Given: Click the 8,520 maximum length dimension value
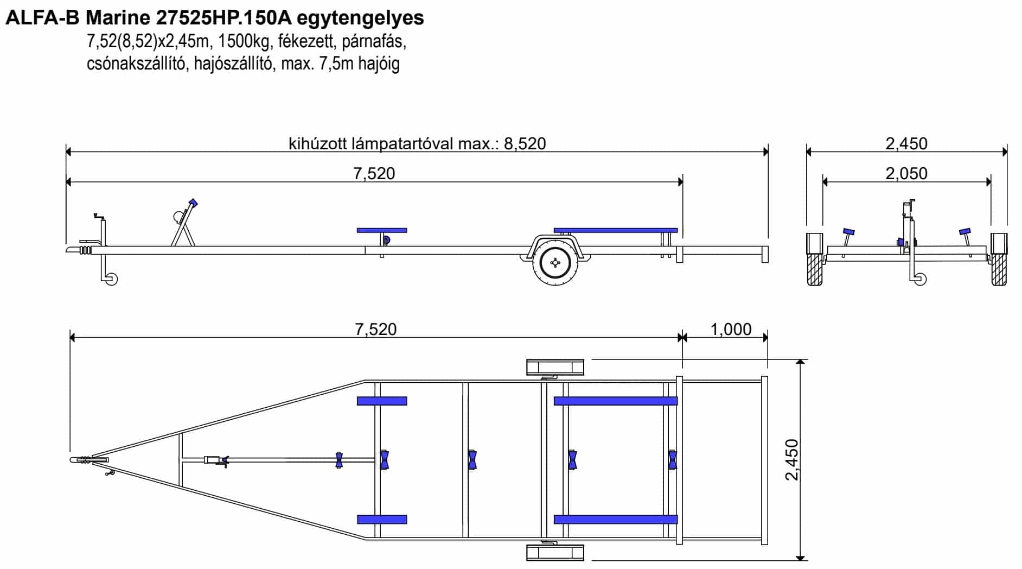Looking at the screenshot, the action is [525, 143].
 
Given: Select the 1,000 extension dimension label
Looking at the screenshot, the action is [731, 329].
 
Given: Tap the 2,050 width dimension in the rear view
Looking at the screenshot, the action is [906, 174].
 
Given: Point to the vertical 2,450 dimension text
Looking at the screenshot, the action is [792, 460].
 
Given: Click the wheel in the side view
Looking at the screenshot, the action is [555, 263].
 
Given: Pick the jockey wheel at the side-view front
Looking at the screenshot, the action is [111, 279].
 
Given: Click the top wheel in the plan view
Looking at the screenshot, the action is [555, 367].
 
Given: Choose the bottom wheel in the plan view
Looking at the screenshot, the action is [555, 553].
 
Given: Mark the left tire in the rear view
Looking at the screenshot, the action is [815, 260].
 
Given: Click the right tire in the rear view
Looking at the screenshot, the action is [999, 260].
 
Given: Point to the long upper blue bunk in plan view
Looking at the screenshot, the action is [616, 401].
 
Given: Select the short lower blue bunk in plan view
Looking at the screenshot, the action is [382, 520].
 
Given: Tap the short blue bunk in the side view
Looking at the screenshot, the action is [382, 230].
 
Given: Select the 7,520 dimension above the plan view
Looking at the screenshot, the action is [376, 329].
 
